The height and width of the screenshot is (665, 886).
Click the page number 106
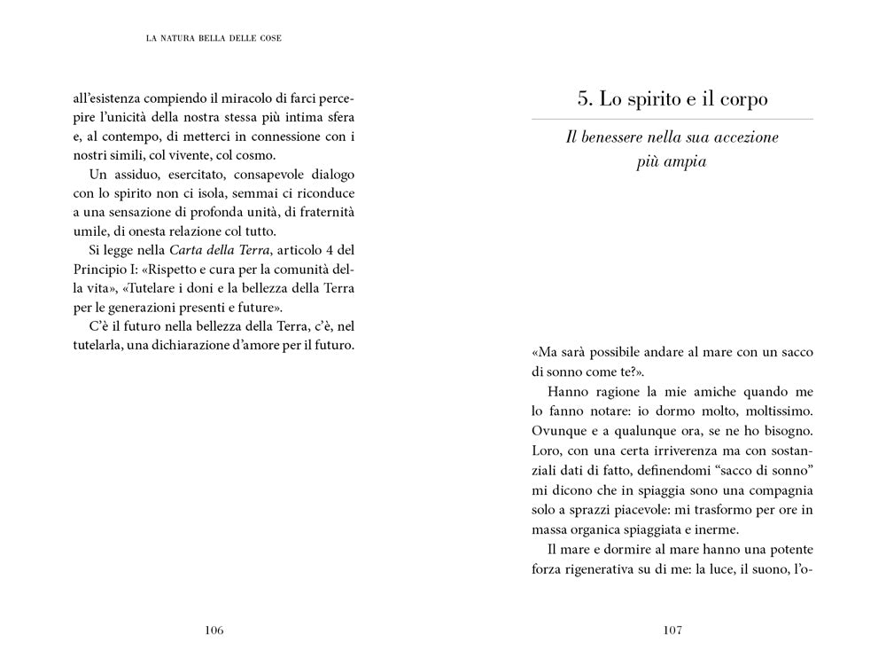tap(214, 630)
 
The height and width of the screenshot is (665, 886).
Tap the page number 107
tap(672, 630)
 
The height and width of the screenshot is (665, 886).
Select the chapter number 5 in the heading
tap(584, 99)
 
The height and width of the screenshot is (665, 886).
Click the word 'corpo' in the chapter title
tap(740, 99)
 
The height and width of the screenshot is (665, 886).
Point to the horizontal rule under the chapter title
tap(672, 119)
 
